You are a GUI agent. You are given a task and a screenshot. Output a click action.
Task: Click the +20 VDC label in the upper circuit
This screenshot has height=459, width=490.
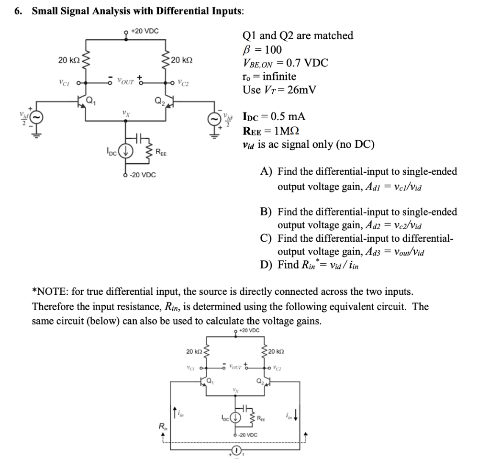pyautogui.click(x=144, y=31)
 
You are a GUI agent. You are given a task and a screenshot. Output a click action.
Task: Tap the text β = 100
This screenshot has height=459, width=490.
pyautogui.click(x=263, y=49)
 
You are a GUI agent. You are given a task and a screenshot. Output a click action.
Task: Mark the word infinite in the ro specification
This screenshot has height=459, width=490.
pyautogui.click(x=278, y=77)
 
